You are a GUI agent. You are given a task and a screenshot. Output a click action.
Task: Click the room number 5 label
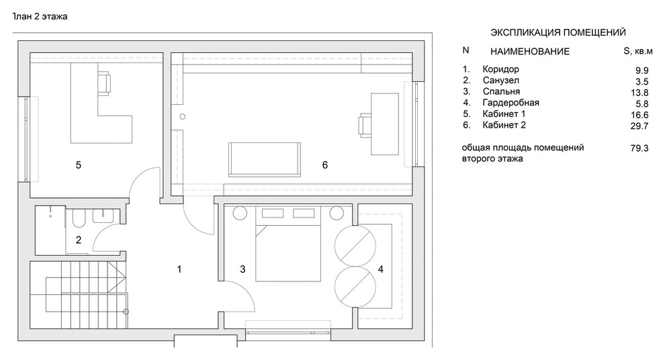coord(79,165)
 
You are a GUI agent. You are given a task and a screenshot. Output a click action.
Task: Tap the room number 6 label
coord(325,165)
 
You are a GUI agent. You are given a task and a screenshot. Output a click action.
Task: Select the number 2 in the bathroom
coord(79,240)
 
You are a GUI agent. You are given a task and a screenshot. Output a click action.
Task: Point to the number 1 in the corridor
coord(179,269)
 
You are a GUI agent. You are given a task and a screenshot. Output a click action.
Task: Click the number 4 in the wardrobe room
coord(380,269)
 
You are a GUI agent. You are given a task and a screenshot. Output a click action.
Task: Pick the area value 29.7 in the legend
coord(639,126)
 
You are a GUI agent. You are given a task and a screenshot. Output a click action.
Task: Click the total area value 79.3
coord(639,148)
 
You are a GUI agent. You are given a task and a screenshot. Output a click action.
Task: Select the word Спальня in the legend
coord(501,91)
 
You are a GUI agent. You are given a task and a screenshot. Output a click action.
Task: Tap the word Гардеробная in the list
coord(511,103)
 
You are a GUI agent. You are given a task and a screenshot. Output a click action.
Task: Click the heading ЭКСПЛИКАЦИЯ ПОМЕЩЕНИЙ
coord(558,33)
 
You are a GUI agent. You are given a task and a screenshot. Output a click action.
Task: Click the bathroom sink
coord(103,216)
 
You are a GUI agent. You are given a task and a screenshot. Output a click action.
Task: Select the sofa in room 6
coord(265,159)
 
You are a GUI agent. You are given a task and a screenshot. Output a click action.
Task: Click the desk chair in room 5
coord(105,83)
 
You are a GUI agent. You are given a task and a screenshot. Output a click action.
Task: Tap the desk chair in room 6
coord(365,125)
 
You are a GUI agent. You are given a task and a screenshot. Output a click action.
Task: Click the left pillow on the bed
coord(273,213)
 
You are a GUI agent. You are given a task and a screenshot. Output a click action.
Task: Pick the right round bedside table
coord(337,213)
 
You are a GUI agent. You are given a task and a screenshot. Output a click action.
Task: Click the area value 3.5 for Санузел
coord(642,82)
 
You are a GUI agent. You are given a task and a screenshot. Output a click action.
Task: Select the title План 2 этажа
coord(40,17)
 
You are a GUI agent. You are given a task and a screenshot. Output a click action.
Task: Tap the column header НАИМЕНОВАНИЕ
coord(530,52)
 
